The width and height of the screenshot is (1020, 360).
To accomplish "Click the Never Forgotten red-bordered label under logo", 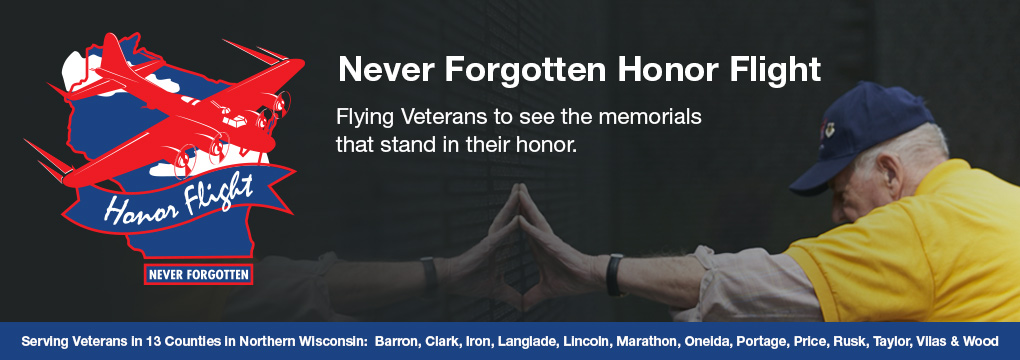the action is [198, 275].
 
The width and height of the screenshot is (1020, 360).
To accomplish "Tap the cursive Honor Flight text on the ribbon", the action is [178, 200].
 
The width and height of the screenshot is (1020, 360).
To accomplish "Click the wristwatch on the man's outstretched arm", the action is [614, 275].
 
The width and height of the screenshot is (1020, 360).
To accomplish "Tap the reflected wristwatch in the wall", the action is [429, 275].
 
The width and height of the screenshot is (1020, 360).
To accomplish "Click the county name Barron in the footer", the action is [397, 341].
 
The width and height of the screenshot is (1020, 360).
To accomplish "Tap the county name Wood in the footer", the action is [982, 341].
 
